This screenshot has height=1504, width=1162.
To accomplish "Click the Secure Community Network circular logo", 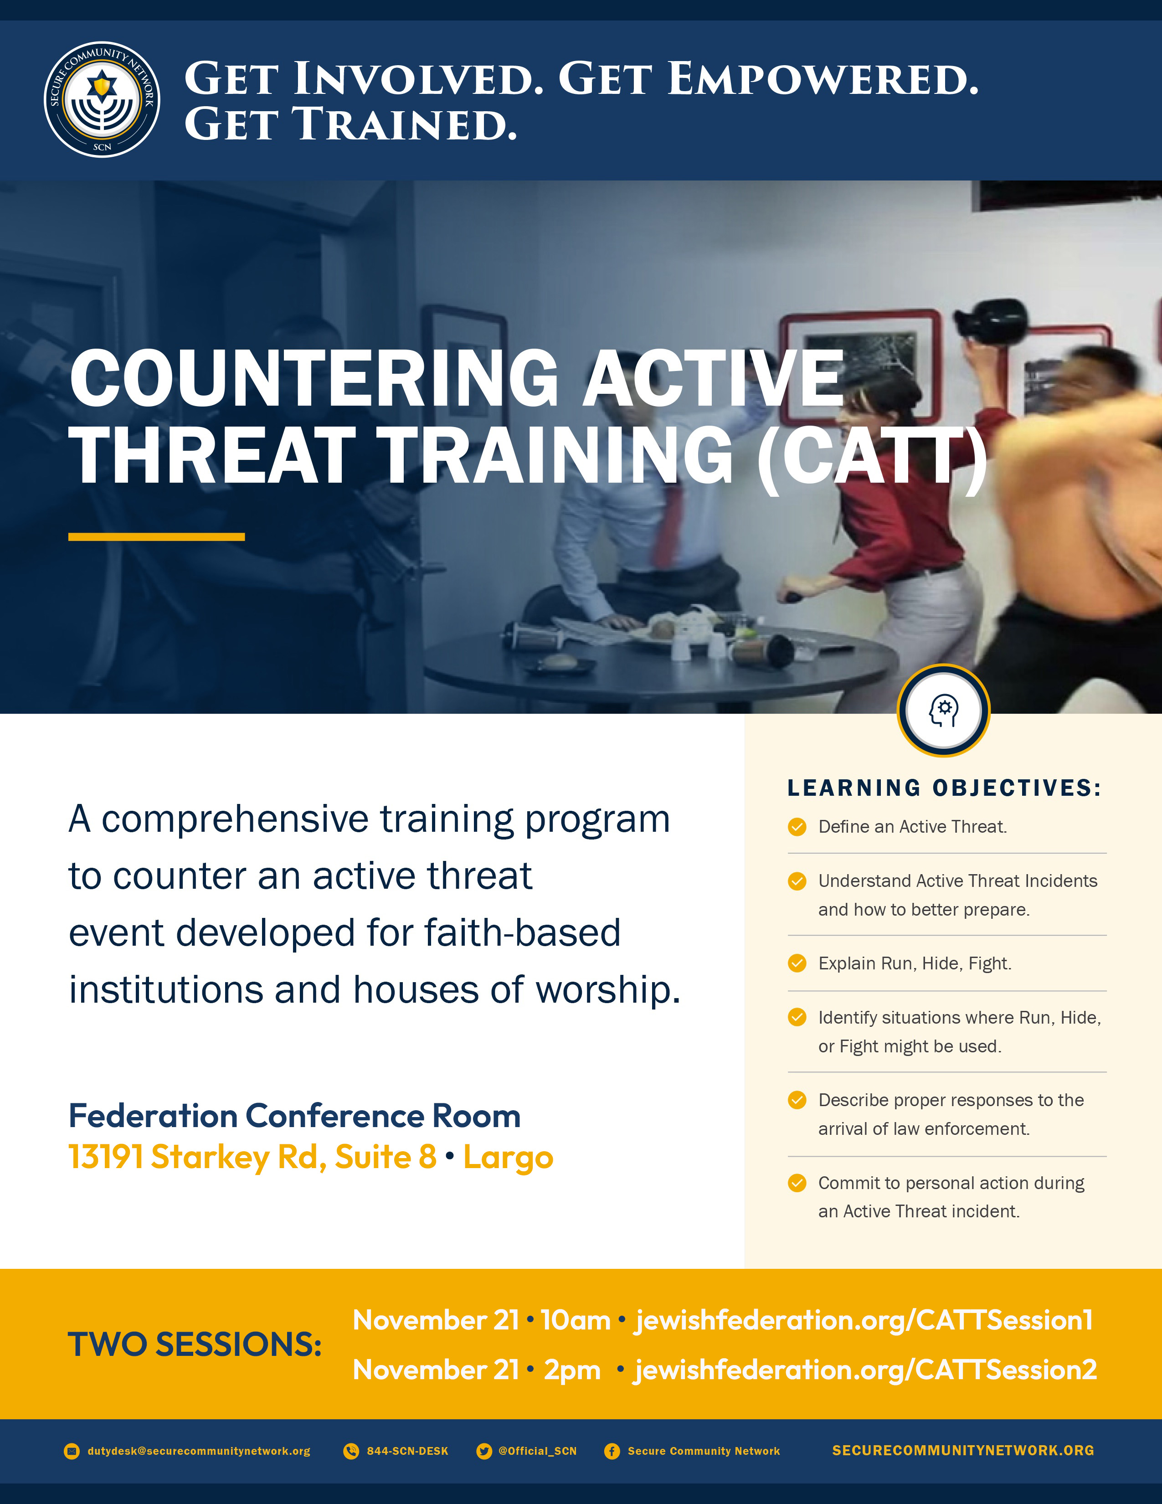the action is coord(102,99).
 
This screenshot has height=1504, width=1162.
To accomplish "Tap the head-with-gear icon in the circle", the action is coord(944,710).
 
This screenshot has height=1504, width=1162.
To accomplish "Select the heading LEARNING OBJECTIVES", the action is coord(945,788).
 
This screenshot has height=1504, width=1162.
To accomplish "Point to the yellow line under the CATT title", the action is coord(156,536).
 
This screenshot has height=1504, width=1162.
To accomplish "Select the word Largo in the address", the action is coord(508,1156).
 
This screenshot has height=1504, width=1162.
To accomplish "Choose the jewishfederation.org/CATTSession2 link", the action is coord(865,1370).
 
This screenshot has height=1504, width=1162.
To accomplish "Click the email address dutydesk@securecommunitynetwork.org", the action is coord(199,1451).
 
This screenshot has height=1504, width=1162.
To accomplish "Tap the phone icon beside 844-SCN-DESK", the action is coord(351,1451).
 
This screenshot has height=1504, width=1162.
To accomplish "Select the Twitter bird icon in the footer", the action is coord(484,1451).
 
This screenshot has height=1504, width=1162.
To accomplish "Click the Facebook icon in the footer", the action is coord(612,1451).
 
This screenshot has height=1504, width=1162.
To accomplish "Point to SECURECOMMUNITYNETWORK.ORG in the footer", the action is coord(963,1450).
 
